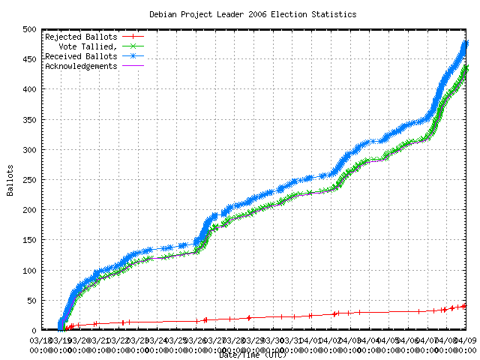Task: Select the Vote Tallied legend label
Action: [x=86, y=46]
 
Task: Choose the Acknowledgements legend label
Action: [x=81, y=65]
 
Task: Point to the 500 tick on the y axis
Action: [x=29, y=29]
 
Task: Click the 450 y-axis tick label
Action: [x=29, y=59]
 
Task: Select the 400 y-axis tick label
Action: [x=29, y=89]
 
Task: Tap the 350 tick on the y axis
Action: [x=29, y=119]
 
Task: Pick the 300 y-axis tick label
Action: [x=29, y=149]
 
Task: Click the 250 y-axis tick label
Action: [x=29, y=180]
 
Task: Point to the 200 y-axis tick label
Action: [x=29, y=210]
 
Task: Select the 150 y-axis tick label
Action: [x=29, y=240]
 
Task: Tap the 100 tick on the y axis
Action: [x=29, y=270]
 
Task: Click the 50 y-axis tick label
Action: [x=31, y=300]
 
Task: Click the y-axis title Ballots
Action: [x=10, y=179]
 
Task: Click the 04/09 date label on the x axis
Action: [x=468, y=340]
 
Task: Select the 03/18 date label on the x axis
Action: [x=40, y=340]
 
